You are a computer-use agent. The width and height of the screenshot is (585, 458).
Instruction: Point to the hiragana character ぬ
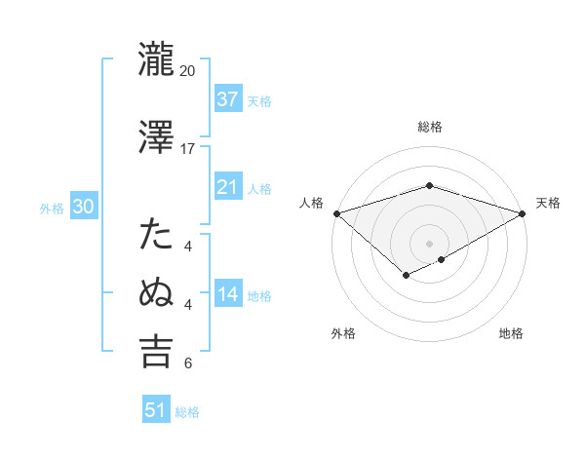[157, 293]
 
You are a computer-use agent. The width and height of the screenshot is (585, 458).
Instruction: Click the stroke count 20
[188, 71]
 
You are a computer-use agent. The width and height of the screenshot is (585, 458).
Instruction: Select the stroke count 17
[188, 149]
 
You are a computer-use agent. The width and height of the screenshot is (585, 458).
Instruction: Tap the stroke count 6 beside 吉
[188, 364]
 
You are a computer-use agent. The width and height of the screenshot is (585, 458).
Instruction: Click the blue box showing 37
[227, 99]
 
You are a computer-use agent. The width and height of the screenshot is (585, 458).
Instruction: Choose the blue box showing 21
[227, 187]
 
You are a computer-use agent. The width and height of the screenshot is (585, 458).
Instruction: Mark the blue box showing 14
[227, 294]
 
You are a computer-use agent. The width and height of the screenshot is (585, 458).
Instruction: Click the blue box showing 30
[83, 207]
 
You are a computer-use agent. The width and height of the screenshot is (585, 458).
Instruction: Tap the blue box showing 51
[156, 410]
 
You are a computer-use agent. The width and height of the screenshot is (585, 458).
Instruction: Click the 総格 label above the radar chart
[429, 127]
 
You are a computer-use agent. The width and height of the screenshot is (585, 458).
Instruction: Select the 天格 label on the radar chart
[548, 203]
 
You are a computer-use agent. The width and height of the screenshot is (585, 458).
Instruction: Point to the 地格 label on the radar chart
[511, 333]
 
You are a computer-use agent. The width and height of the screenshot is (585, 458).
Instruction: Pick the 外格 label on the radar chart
[343, 333]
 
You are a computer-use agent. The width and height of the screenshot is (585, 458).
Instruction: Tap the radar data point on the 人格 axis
[336, 212]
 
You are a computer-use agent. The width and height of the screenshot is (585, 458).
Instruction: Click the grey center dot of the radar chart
[429, 243]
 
